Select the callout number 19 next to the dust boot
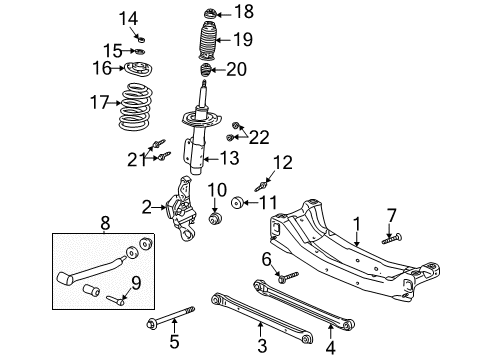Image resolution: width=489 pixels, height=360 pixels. [x=243, y=40]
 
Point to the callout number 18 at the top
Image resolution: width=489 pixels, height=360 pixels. [x=243, y=11]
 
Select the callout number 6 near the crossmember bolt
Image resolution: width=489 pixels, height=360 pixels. [x=266, y=259]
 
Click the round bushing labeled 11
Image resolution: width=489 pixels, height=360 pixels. [x=235, y=204]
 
